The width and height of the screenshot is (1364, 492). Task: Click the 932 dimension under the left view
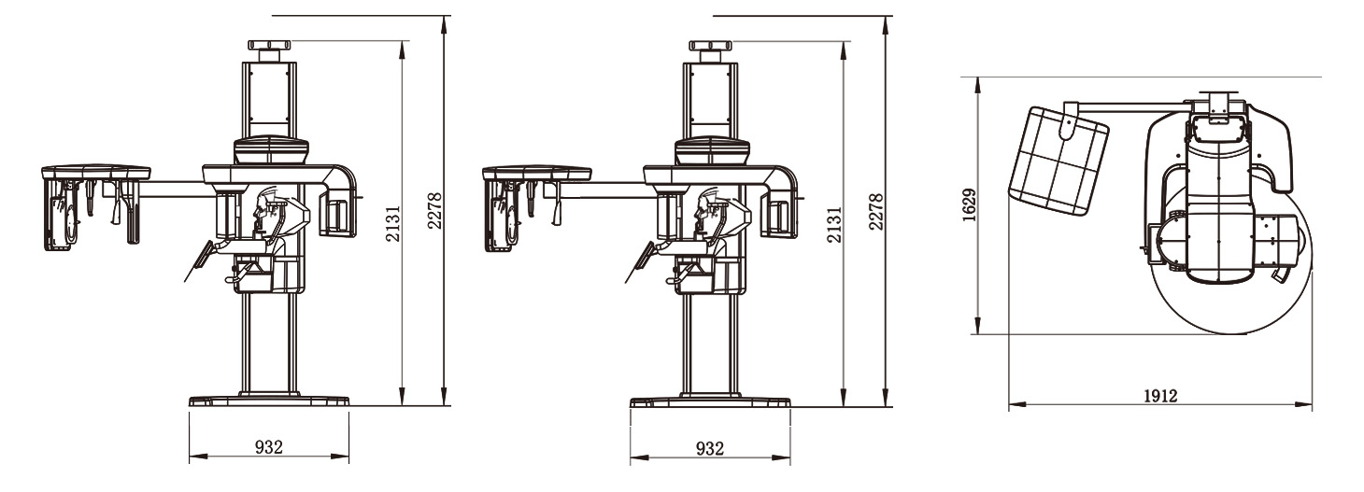tap(268, 447)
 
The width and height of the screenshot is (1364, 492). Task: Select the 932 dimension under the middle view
tap(709, 449)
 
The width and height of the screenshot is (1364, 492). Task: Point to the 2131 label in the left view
tap(392, 223)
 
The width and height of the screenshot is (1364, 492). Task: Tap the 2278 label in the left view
tap(434, 210)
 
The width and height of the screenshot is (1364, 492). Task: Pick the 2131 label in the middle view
tap(834, 224)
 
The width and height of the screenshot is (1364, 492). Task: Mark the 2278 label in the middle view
tap(875, 212)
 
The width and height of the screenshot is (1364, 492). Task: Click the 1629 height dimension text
tap(969, 205)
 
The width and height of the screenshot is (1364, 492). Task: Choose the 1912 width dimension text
tap(1160, 397)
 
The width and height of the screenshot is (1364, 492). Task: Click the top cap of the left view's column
tap(269, 45)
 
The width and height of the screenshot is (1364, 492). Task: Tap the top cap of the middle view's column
tap(711, 45)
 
